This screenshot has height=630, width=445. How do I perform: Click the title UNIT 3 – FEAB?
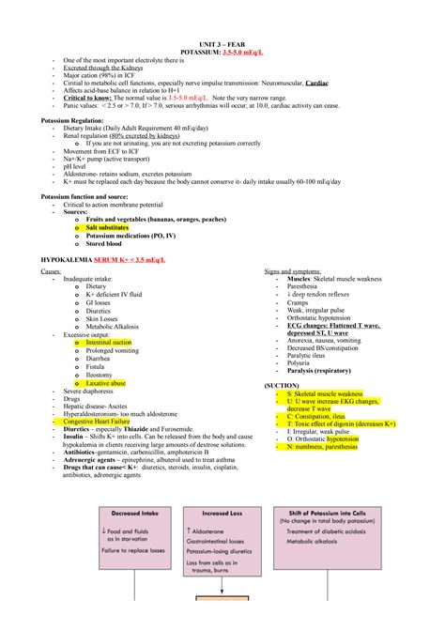tap(222, 43)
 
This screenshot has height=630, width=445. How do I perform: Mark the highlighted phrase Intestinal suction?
tap(109, 343)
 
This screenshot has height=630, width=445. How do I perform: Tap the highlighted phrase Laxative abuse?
tap(106, 383)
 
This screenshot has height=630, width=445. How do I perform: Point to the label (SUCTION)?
tap(282, 385)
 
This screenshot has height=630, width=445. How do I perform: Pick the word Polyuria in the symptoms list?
tap(301, 361)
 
